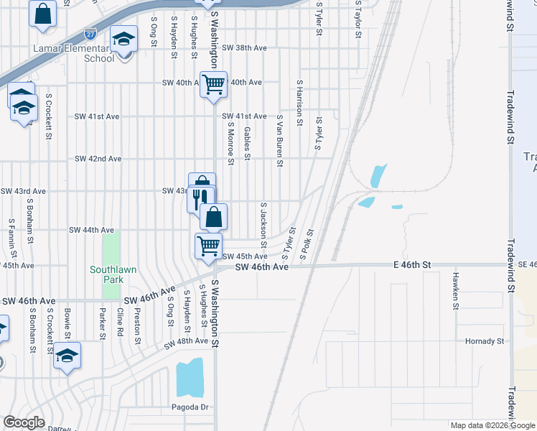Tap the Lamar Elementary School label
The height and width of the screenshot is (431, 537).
(73, 53)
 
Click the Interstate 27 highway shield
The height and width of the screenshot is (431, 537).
(90, 34)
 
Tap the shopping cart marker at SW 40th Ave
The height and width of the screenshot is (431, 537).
(213, 85)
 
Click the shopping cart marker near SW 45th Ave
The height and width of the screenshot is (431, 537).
(208, 246)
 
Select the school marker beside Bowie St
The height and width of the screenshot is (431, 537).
(67, 356)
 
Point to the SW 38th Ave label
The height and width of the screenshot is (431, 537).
(244, 48)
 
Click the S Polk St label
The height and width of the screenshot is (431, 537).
(307, 244)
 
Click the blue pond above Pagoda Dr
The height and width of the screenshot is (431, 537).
(190, 378)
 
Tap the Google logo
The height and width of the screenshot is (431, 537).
(24, 422)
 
